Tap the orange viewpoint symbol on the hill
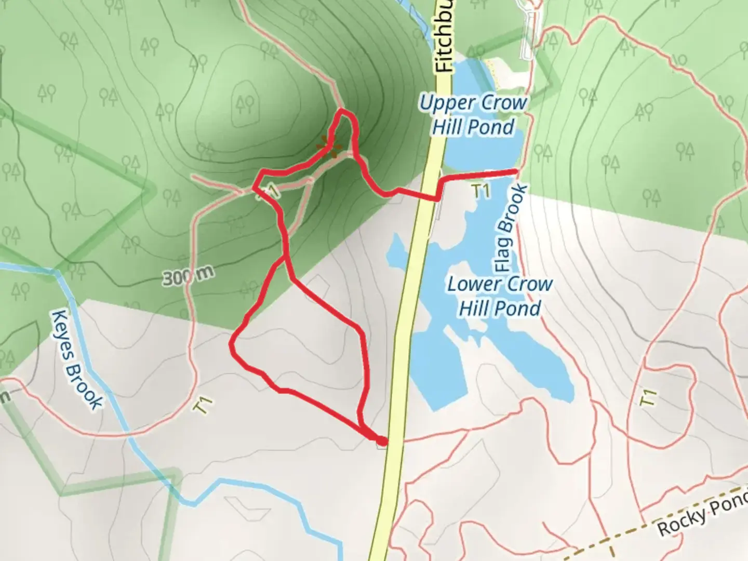click(328, 146)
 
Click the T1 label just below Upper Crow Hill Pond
click(482, 191)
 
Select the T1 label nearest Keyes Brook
click(203, 405)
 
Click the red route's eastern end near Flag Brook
click(516, 171)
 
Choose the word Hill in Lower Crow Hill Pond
click(476, 309)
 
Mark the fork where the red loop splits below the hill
click(285, 256)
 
